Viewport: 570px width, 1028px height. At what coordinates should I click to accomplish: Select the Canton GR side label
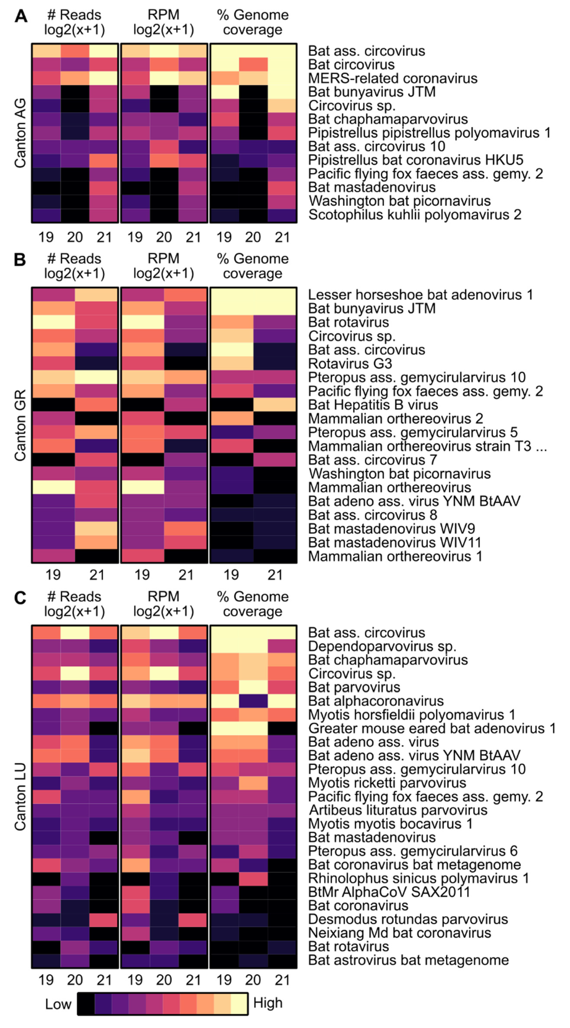(x=20, y=425)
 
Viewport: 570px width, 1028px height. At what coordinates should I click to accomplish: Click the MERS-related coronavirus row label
(x=393, y=78)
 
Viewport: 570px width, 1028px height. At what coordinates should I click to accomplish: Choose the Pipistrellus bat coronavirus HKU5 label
(x=416, y=160)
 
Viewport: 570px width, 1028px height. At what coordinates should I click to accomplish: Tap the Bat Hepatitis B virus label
(x=373, y=405)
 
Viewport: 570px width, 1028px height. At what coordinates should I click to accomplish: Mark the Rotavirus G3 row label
(x=350, y=364)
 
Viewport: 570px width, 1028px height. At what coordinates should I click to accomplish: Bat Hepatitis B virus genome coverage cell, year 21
(x=275, y=405)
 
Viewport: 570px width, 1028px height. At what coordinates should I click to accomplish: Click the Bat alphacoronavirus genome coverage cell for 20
(x=253, y=701)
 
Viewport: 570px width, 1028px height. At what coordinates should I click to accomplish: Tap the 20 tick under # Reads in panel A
(x=75, y=237)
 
